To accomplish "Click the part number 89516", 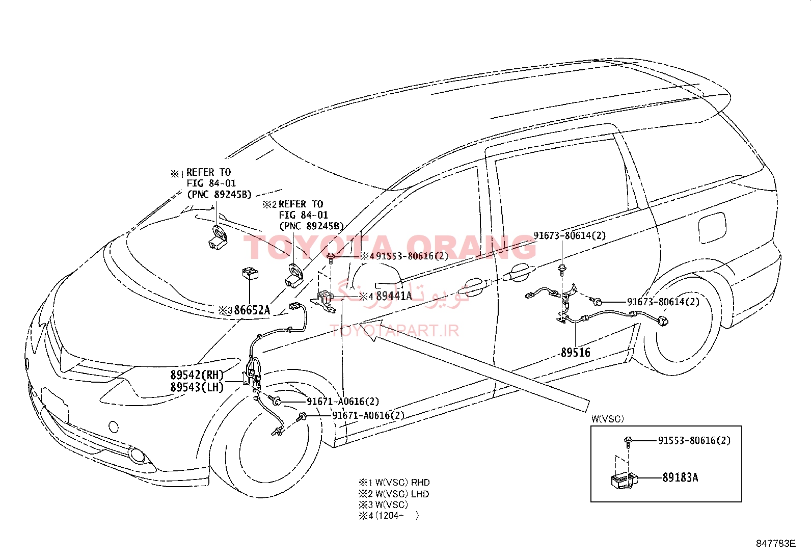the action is [575, 352].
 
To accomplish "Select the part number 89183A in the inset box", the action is [680, 477].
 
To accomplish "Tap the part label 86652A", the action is [252, 310].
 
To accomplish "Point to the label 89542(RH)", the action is [197, 375].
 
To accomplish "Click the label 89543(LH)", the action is [197, 387].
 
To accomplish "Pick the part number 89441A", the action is [394, 296].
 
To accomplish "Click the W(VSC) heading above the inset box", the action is [608, 419].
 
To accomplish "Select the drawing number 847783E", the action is [775, 543].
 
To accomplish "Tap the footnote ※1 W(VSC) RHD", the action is [394, 483].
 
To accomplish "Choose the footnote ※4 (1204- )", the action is [389, 516].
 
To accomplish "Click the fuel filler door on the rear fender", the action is [712, 228].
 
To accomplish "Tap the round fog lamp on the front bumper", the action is [137, 455].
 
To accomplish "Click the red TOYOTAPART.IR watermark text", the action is [395, 330].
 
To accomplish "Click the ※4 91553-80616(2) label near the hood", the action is [404, 256].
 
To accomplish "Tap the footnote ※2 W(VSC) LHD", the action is [394, 494].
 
